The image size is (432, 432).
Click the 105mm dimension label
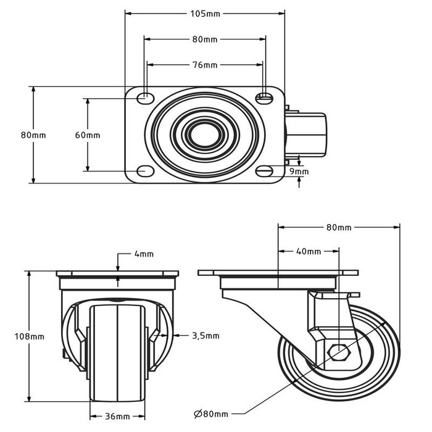coord(205,13)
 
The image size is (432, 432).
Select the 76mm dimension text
coord(205,64)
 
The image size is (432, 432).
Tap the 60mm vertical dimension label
coord(88,135)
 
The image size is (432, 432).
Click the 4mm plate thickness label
coord(143,254)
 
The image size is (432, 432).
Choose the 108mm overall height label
coord(30,336)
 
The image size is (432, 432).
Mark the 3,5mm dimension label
coord(205,336)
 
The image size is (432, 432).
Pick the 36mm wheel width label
coord(117,415)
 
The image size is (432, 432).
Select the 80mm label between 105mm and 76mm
coord(205,39)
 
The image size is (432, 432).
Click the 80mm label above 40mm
coord(339,228)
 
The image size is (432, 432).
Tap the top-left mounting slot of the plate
coord(146,96)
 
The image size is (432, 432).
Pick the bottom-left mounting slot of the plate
coord(146,171)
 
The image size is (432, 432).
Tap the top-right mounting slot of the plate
coord(264,96)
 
